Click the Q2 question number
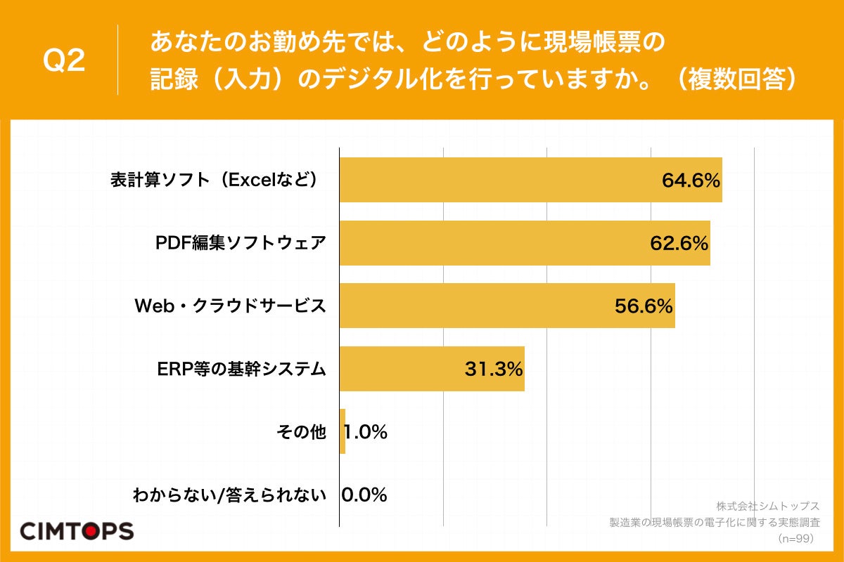tap(64, 61)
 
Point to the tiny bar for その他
tap(343, 431)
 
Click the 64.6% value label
tap(691, 181)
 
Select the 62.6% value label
tap(678, 244)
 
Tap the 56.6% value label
tap(644, 306)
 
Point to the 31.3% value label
tap(494, 369)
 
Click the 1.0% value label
tap(366, 432)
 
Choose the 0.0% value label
tap(364, 495)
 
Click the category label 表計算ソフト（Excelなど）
tap(218, 181)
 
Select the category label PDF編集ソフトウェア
tap(241, 243)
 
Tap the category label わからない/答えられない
tap(230, 495)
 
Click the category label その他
tap(302, 432)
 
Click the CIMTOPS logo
tap(76, 531)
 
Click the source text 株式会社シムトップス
tap(768, 506)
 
